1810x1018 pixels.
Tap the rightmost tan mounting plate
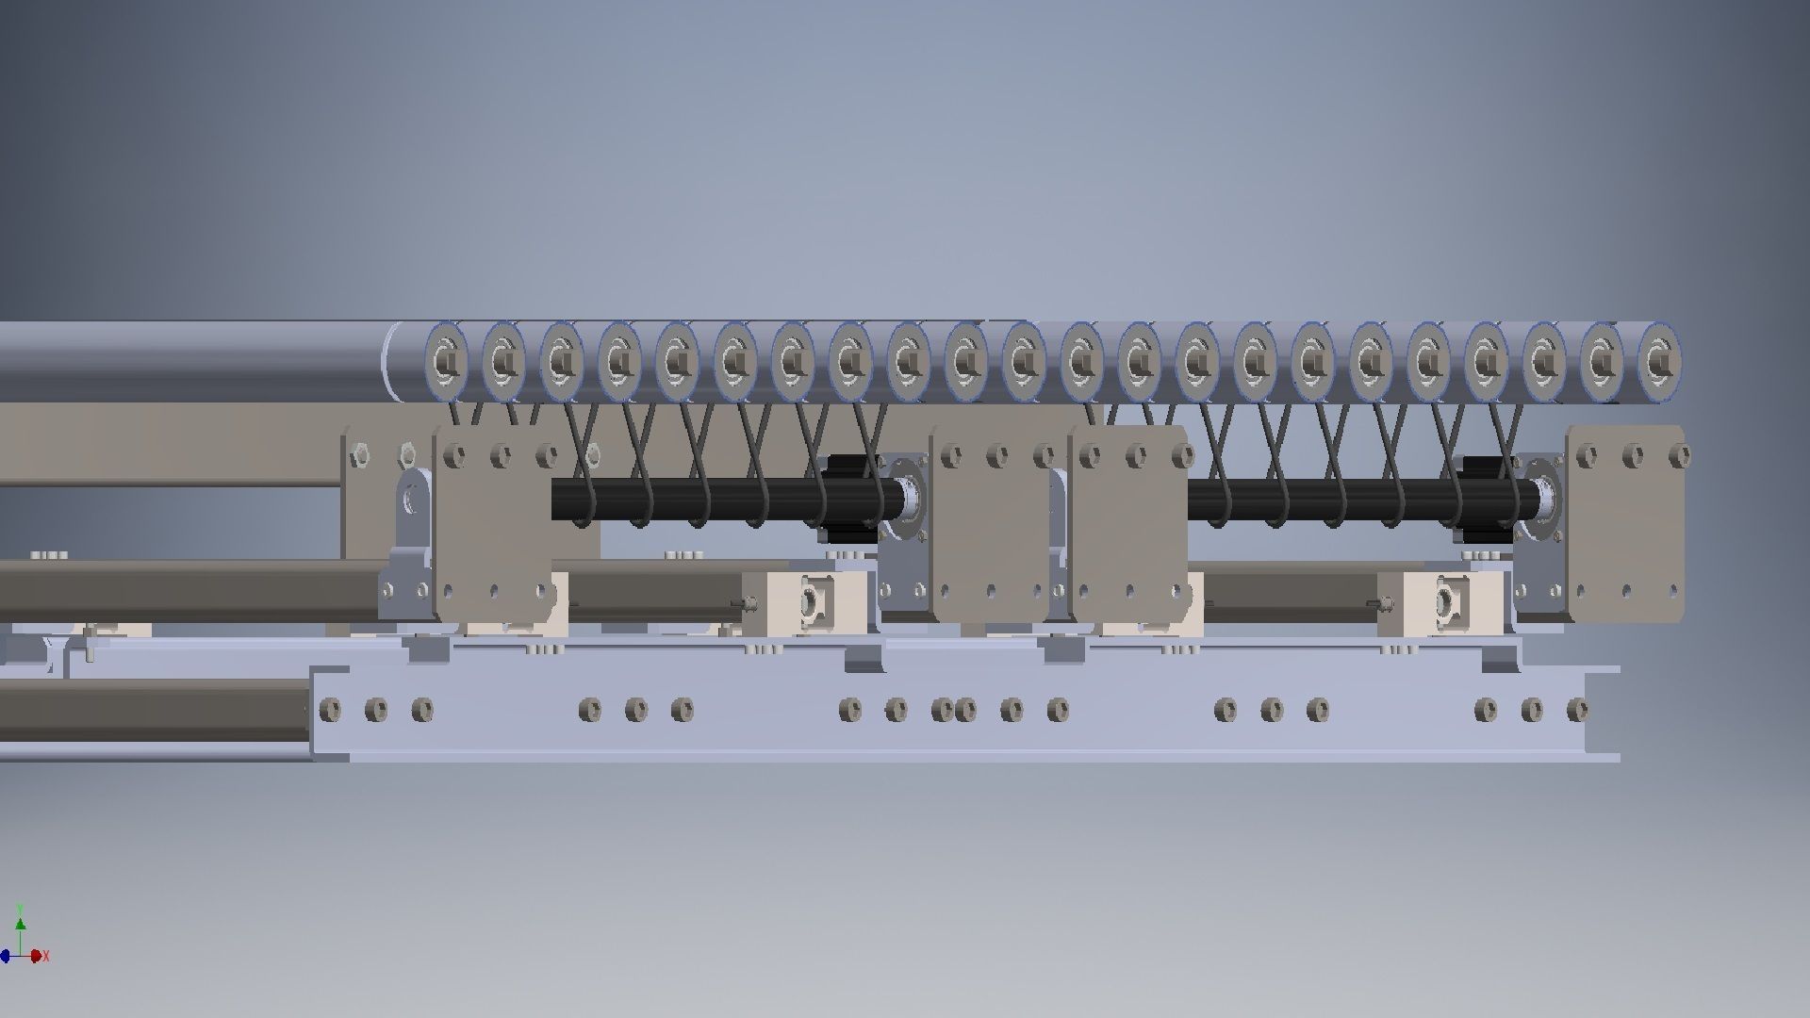[1626, 524]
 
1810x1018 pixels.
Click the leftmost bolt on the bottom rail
[330, 709]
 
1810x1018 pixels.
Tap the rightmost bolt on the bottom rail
[1576, 709]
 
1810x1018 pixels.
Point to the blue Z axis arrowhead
[5, 956]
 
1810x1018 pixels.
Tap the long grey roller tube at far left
[189, 362]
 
